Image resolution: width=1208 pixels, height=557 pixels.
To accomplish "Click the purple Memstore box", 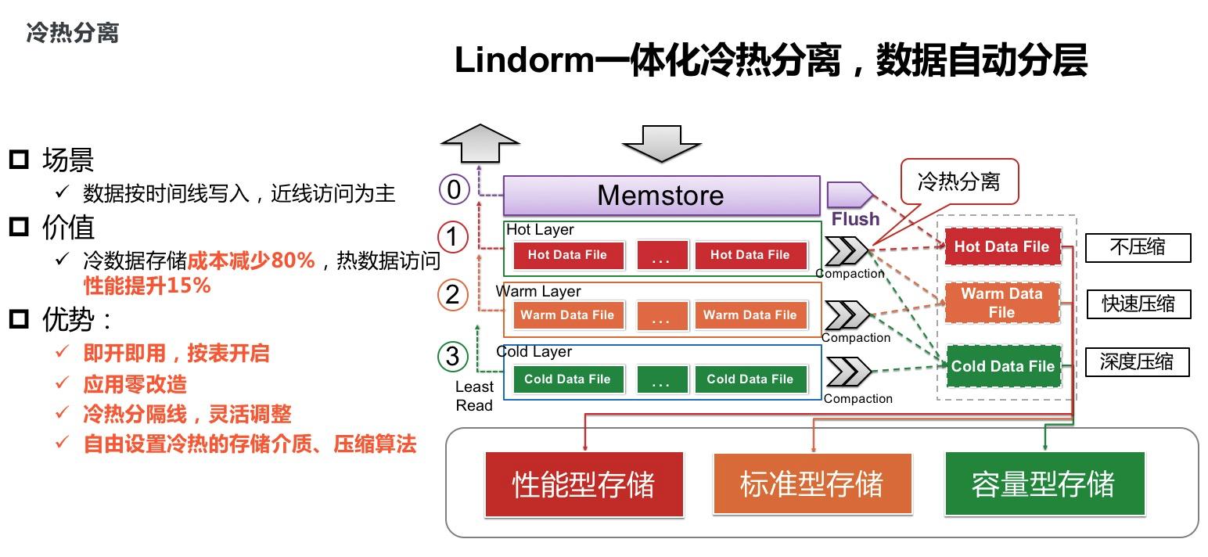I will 660,196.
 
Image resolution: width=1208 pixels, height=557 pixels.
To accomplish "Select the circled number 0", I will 453,189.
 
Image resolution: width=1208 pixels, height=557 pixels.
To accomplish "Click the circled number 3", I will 452,357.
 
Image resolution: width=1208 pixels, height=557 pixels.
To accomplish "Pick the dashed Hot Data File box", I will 1001,247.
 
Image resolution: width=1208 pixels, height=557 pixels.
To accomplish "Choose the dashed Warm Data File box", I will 1001,303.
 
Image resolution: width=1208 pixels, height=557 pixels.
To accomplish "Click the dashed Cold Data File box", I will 1002,366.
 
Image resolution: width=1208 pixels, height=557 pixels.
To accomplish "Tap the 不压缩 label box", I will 1137,248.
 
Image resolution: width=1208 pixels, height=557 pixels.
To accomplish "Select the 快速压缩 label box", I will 1138,304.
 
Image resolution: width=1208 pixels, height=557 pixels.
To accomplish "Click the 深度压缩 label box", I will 1136,362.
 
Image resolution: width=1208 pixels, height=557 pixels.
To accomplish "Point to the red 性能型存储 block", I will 584,484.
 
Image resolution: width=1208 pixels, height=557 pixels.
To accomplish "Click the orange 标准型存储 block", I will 812,484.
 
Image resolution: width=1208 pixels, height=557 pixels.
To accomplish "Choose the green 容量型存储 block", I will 1044,484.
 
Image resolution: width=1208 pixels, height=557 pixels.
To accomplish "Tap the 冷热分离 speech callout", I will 958,182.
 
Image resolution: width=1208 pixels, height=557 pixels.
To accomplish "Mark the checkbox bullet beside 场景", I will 19,160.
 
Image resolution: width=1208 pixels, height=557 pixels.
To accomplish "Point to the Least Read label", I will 474,396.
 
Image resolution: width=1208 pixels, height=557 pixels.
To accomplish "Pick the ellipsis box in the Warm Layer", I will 661,316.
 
